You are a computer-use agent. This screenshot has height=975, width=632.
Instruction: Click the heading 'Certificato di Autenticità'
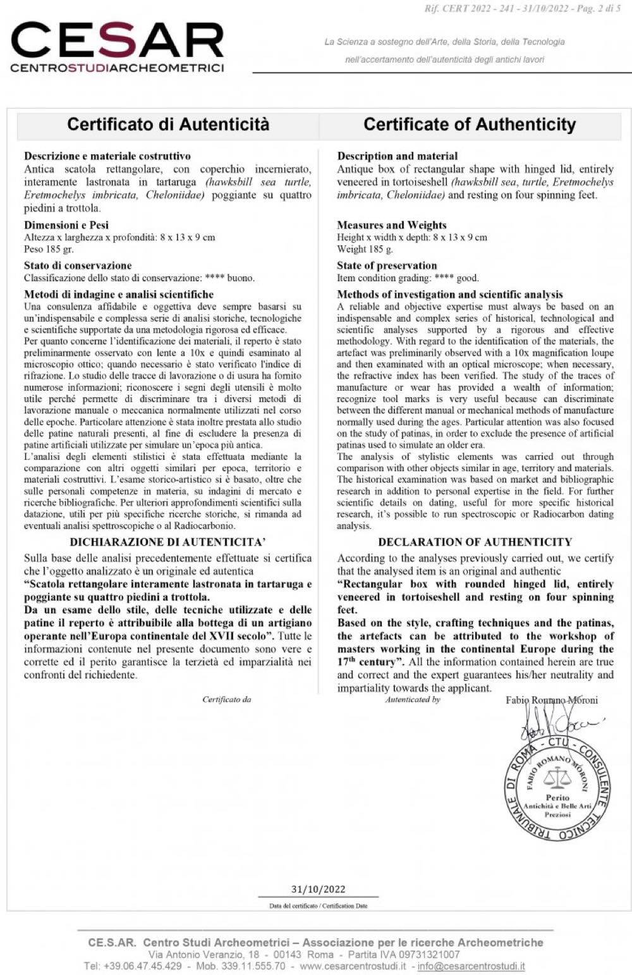pyautogui.click(x=168, y=124)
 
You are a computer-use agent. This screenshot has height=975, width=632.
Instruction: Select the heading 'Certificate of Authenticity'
pyautogui.click(x=470, y=125)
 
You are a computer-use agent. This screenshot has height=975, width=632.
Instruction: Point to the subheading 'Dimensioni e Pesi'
pyautogui.click(x=66, y=225)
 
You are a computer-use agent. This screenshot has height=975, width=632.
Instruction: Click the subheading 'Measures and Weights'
pyautogui.click(x=392, y=225)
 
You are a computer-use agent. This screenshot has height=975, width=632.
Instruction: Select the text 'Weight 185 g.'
pyautogui.click(x=365, y=249)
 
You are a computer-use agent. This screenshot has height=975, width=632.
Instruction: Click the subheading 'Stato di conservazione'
pyautogui.click(x=78, y=266)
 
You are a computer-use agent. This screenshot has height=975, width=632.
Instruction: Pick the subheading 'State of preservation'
pyautogui.click(x=387, y=266)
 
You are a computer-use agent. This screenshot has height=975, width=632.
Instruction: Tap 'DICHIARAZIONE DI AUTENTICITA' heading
pyautogui.click(x=167, y=542)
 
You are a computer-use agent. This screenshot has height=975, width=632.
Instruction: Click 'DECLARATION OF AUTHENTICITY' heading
pyautogui.click(x=475, y=542)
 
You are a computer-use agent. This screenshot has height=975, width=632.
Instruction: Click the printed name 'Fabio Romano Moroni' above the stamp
pyautogui.click(x=552, y=700)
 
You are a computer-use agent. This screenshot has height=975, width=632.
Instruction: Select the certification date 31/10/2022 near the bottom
pyautogui.click(x=318, y=889)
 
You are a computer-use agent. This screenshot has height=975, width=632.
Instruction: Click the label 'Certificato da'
pyautogui.click(x=226, y=699)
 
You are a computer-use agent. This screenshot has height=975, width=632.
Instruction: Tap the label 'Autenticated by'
pyautogui.click(x=413, y=699)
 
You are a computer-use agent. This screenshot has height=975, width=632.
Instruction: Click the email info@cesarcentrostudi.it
pyautogui.click(x=471, y=966)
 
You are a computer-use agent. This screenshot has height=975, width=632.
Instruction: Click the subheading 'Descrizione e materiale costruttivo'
pyautogui.click(x=107, y=156)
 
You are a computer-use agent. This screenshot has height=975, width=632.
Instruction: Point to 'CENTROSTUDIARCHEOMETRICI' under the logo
pyautogui.click(x=118, y=68)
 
